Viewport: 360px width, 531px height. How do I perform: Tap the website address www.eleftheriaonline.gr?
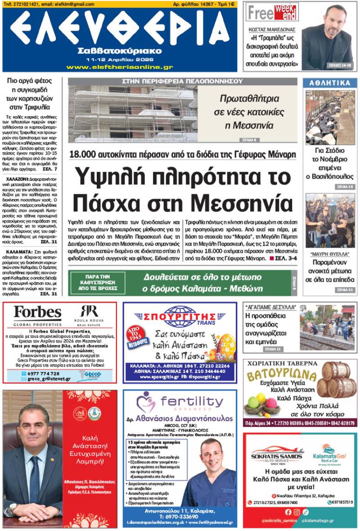click(119, 67)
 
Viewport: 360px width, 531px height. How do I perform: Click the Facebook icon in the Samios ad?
click(288, 512)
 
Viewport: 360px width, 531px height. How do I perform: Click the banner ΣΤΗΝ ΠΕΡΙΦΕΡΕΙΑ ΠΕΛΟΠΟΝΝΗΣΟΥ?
click(182, 82)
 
